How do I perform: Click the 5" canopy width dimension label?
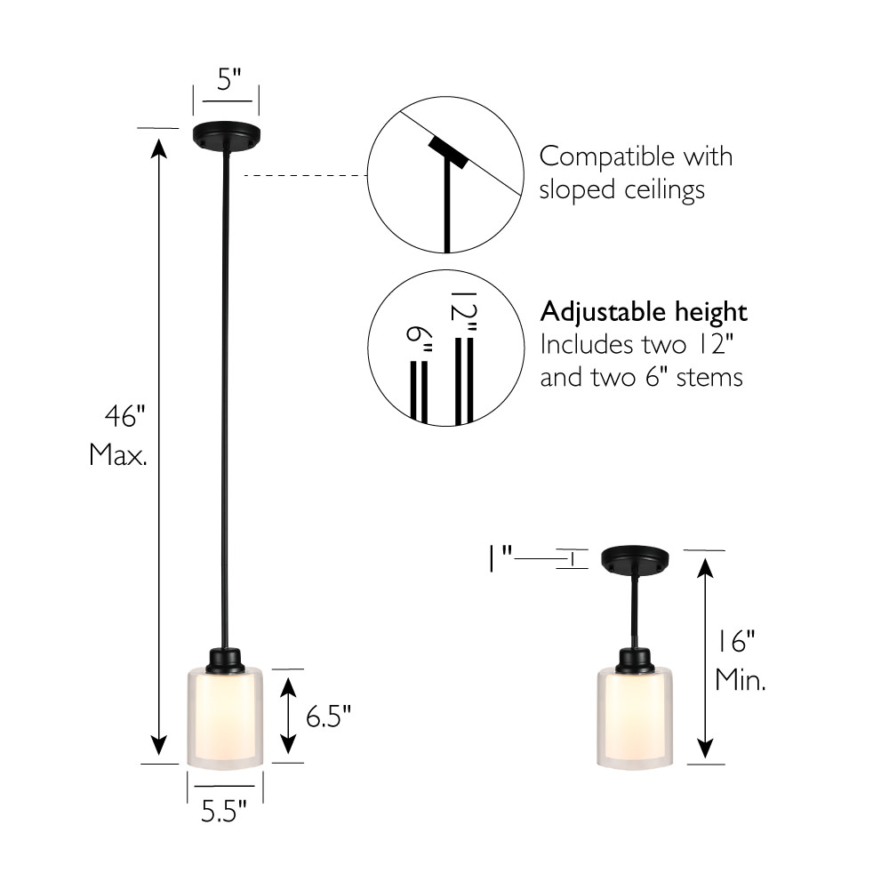point(229,79)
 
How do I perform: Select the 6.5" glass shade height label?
point(329,717)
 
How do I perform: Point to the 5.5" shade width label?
point(224,813)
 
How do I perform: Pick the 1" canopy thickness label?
point(501,559)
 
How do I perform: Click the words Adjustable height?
point(644,312)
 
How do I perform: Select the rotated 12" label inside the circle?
point(464,311)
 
